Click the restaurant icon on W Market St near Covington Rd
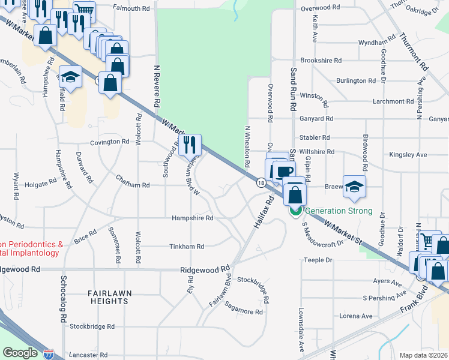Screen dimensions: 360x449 (x=190, y=144)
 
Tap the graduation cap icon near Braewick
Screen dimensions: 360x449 (x=354, y=186)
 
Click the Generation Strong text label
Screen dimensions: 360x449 (x=339, y=211)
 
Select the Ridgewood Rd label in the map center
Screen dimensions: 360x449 (x=205, y=270)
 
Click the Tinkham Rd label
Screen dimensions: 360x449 (x=187, y=247)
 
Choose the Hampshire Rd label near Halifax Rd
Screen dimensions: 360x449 (x=192, y=218)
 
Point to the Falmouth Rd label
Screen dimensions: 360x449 (x=130, y=8)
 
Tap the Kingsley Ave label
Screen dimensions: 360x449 (x=408, y=155)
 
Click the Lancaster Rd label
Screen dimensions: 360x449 (x=92, y=355)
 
